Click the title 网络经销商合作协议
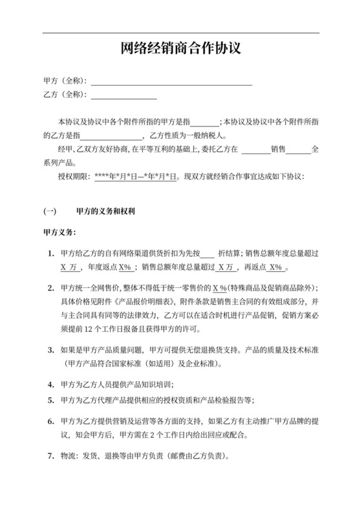click(181, 49)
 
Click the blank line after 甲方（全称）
click(171, 83)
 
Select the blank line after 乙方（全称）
click(123, 96)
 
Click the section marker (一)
click(50, 211)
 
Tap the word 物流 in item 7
click(67, 455)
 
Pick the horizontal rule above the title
click(181, 33)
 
